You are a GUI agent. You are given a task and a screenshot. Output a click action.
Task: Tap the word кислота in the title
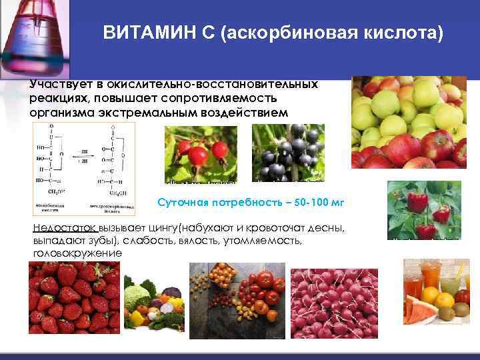[401, 33]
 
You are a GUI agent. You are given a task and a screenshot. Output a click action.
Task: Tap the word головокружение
[77, 253]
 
